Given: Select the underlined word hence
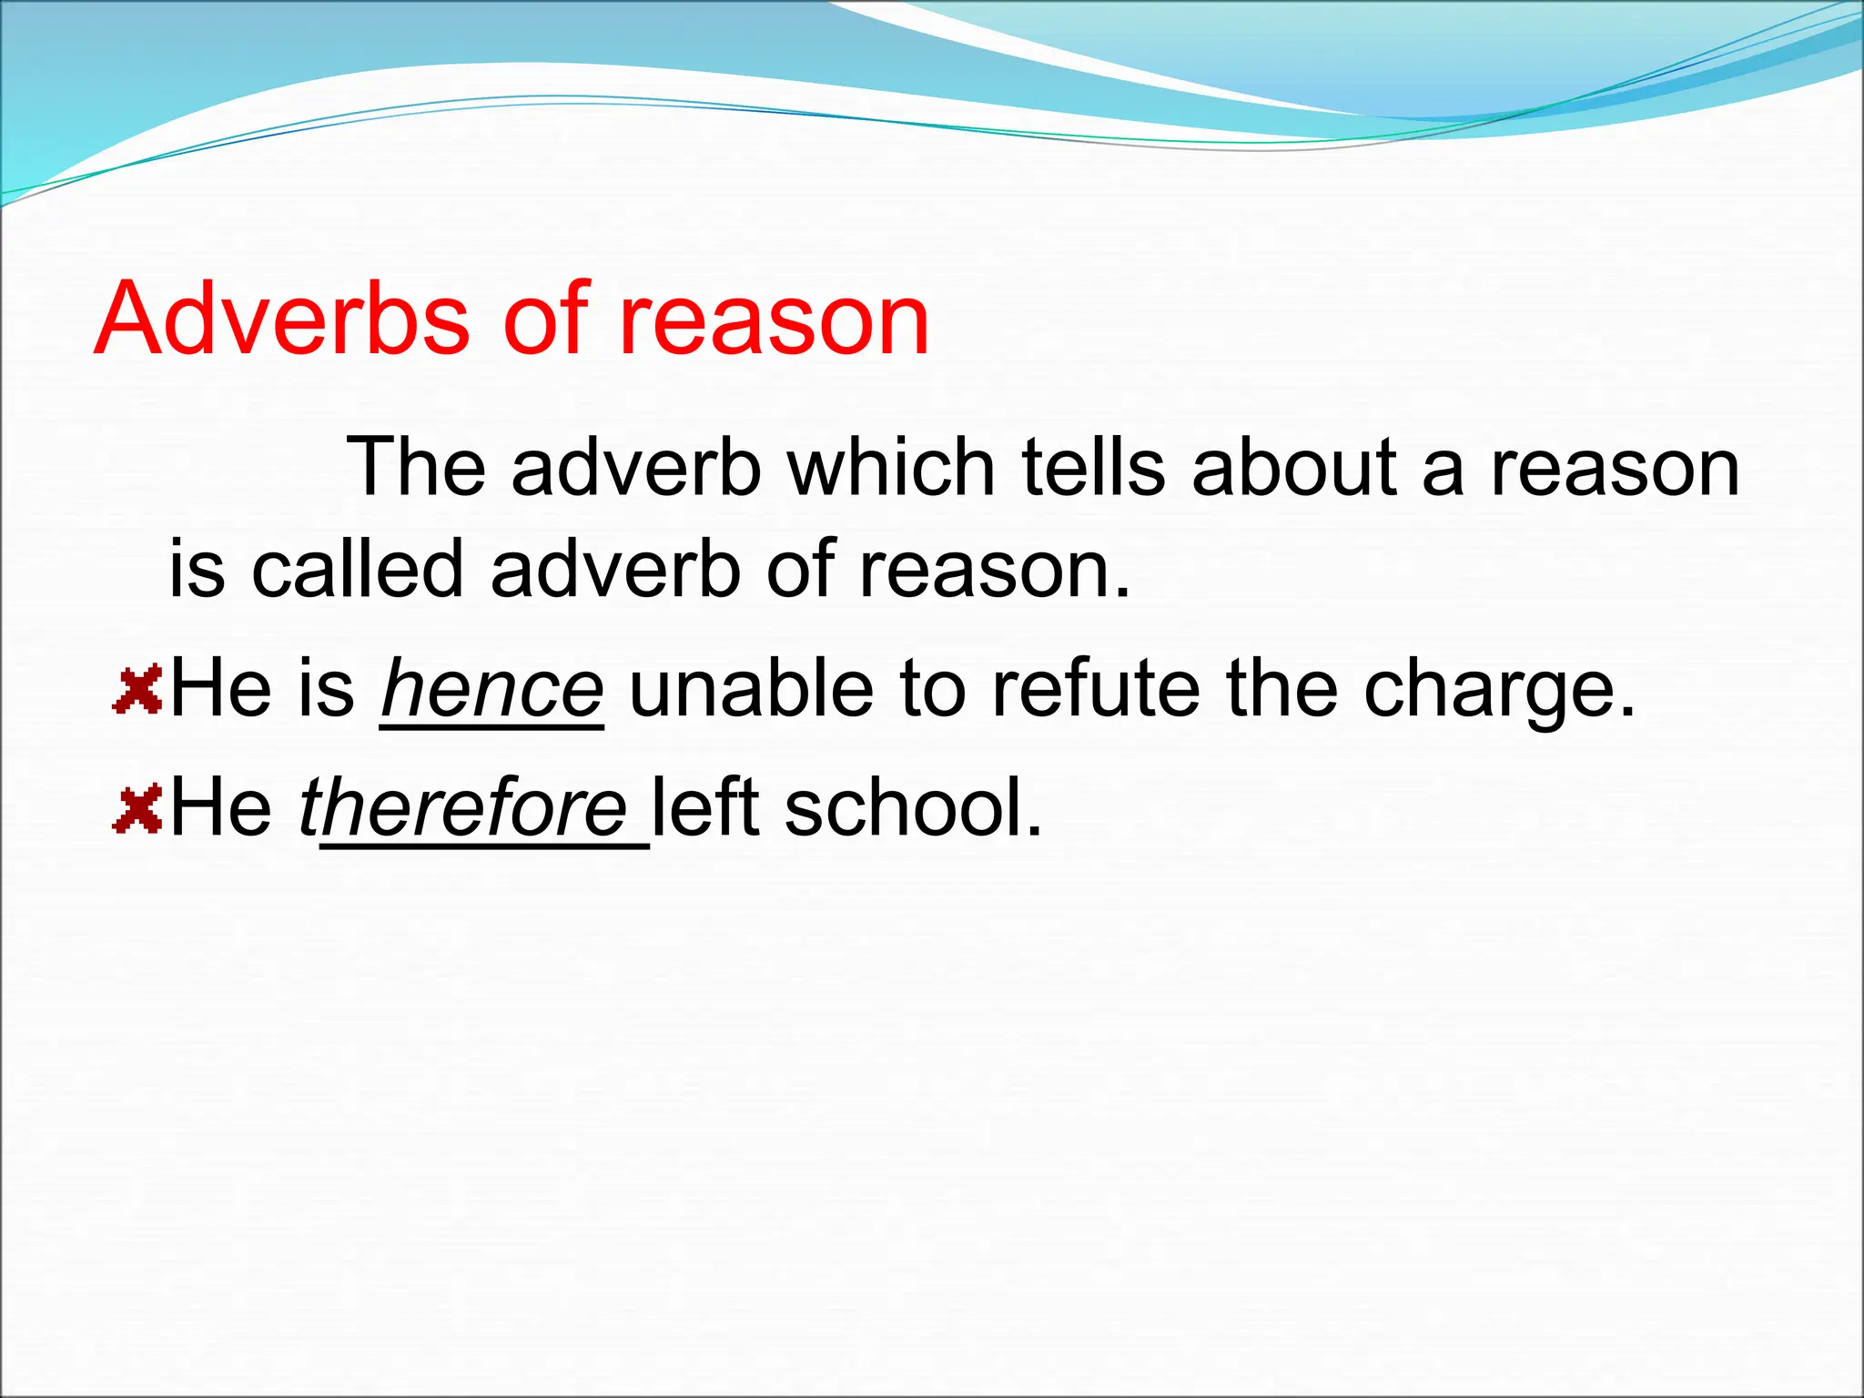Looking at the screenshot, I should (492, 689).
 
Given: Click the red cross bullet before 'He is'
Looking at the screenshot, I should (137, 689).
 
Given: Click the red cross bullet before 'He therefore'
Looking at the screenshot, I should (137, 810).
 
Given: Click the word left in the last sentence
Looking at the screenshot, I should (706, 807).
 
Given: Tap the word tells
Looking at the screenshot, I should (1093, 468).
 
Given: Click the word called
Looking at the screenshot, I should (358, 570).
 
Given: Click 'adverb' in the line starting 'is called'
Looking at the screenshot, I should (615, 570).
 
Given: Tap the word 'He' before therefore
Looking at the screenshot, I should (221, 807).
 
